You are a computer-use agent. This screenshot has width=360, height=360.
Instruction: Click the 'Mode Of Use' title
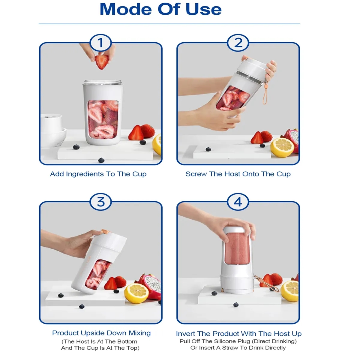point(160,9)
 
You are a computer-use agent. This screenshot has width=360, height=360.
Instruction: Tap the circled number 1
point(100,43)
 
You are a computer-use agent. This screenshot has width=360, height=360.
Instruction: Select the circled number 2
point(238,43)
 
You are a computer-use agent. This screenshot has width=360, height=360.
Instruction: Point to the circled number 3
point(100,202)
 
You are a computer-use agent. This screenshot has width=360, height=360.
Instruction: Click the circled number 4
point(238,202)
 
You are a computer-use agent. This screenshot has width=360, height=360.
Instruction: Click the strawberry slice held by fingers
point(102,61)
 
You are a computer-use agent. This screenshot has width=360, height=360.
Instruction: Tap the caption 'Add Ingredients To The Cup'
point(98,174)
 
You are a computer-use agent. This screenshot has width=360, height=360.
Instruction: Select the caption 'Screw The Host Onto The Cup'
point(238,174)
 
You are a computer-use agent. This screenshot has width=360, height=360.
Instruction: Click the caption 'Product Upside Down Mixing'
point(101,333)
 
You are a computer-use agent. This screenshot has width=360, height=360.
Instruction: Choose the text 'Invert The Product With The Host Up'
point(238,334)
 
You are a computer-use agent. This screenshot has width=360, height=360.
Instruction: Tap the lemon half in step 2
point(282,147)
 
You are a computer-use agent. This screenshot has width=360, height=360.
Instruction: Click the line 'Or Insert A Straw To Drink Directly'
point(238,348)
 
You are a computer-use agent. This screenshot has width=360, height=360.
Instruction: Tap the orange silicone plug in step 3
point(105,231)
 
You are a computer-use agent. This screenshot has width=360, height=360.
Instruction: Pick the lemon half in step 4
point(290,291)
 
